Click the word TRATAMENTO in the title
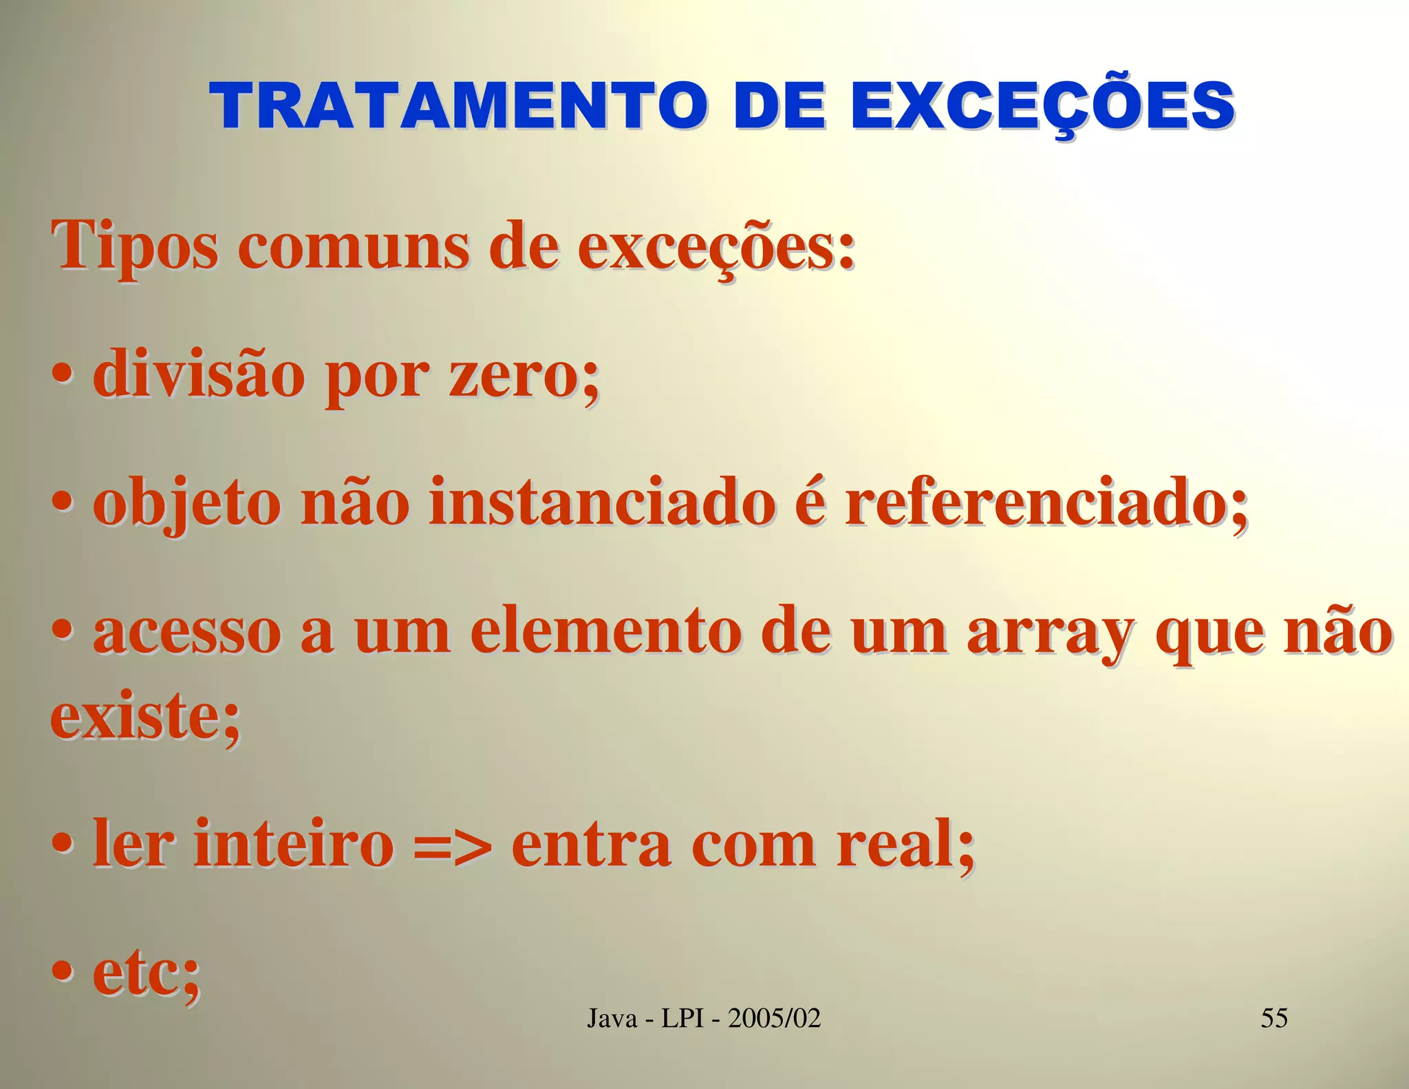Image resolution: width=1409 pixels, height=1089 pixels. [458, 107]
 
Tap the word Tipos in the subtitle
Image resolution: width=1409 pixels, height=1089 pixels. [134, 246]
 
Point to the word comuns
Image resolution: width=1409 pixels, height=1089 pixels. [354, 246]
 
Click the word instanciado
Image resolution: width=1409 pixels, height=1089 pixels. [602, 504]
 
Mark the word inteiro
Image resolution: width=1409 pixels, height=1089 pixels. [294, 844]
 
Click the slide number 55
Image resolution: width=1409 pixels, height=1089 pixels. [1274, 1018]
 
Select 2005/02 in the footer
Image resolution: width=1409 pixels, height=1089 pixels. [775, 1018]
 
